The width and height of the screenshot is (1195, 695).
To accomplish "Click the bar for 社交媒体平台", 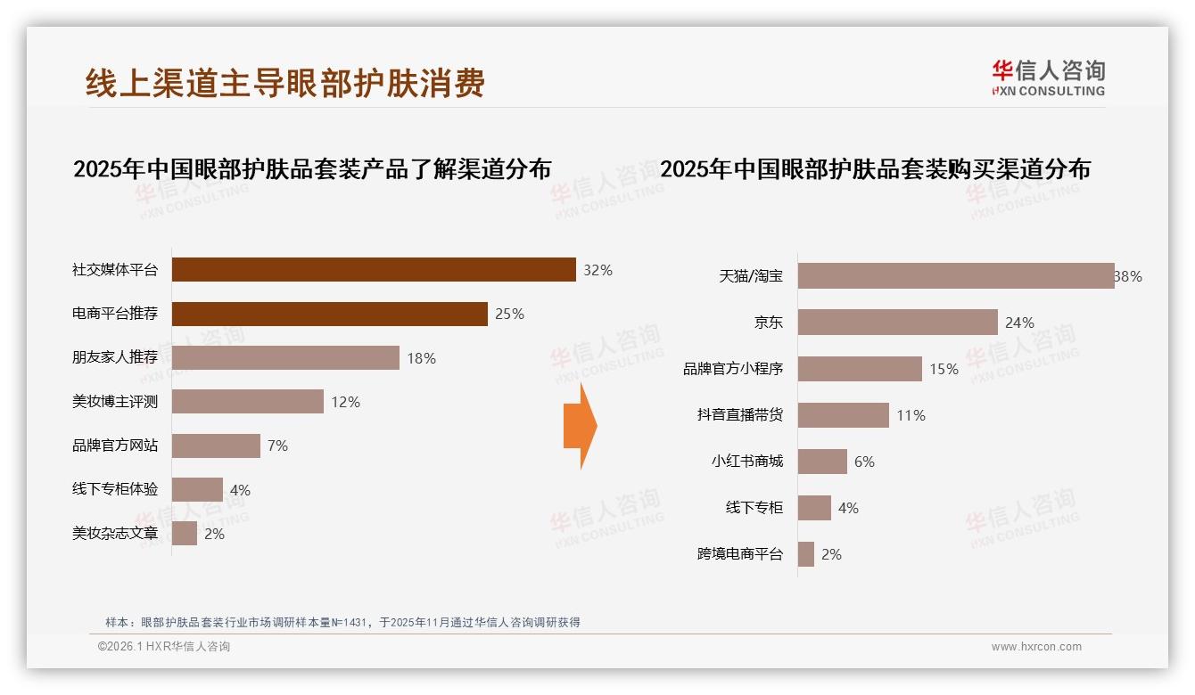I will click(x=374, y=270).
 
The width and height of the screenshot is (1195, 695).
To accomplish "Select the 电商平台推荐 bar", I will click(x=329, y=314).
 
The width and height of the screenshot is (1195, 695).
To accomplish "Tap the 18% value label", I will click(x=421, y=358).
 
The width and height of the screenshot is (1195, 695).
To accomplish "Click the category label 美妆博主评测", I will click(x=115, y=402).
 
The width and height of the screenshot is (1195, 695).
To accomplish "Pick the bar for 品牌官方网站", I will click(x=216, y=446).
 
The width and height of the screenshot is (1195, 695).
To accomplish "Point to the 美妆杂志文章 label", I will click(x=115, y=534).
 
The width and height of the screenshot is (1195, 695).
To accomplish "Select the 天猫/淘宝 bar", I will click(x=955, y=276).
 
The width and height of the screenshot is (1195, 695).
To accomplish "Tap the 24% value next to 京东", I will click(x=1019, y=323).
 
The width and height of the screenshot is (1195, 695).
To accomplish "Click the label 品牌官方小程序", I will click(x=733, y=369).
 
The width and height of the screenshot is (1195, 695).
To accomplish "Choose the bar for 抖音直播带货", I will click(x=843, y=415).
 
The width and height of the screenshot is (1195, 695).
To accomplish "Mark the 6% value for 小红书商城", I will click(x=864, y=462).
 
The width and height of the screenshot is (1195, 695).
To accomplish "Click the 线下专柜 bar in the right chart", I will click(x=814, y=508).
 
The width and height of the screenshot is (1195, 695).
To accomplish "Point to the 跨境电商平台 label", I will click(x=740, y=554).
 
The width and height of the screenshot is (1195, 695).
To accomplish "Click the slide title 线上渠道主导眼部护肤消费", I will click(x=285, y=83).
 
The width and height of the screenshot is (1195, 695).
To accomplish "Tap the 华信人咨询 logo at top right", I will click(x=1048, y=78).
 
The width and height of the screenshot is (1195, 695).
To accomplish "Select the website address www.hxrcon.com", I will click(x=1036, y=647).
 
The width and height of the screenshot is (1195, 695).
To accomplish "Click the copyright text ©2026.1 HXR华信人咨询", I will click(x=164, y=647).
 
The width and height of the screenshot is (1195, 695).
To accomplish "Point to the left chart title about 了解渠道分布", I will click(x=312, y=168).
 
